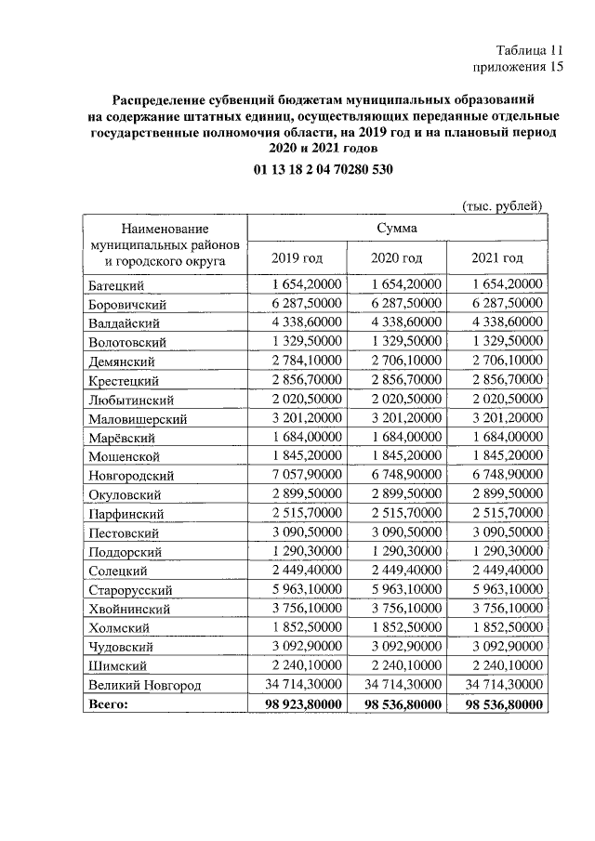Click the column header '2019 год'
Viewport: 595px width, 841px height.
297,257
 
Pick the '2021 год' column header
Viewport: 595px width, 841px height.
497,257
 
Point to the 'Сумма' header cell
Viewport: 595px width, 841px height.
397,228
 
